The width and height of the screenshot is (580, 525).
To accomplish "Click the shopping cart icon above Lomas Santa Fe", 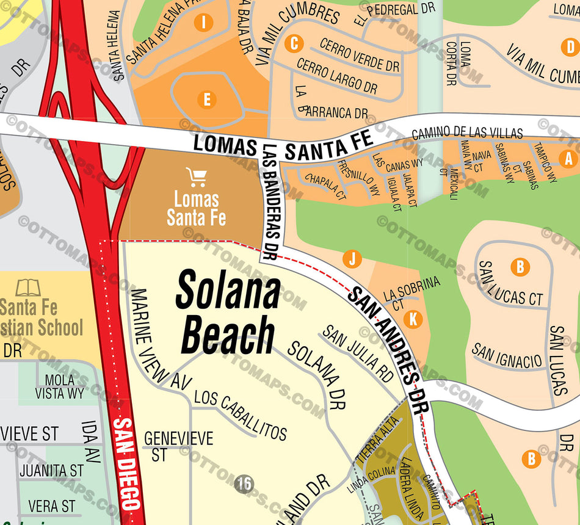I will point(197,177).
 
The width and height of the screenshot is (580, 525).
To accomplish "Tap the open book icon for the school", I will point(28,287).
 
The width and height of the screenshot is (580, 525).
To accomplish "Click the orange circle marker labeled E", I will point(207,100).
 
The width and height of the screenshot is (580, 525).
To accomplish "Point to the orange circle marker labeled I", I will point(203,23).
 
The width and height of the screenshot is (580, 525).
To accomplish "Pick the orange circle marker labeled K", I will point(413,319).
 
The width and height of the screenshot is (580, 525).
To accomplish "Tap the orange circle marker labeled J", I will point(351,259).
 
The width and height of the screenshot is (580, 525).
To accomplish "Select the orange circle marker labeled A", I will point(569,159).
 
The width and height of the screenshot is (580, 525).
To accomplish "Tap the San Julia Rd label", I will point(358,353).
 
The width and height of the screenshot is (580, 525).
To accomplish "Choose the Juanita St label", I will point(51,471).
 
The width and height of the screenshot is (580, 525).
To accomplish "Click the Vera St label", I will point(52,506).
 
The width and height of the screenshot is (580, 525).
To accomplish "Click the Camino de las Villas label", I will point(467,132).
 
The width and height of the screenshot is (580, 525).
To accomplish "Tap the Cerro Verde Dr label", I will point(360,54).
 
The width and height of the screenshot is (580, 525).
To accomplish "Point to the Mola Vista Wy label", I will point(59,386).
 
